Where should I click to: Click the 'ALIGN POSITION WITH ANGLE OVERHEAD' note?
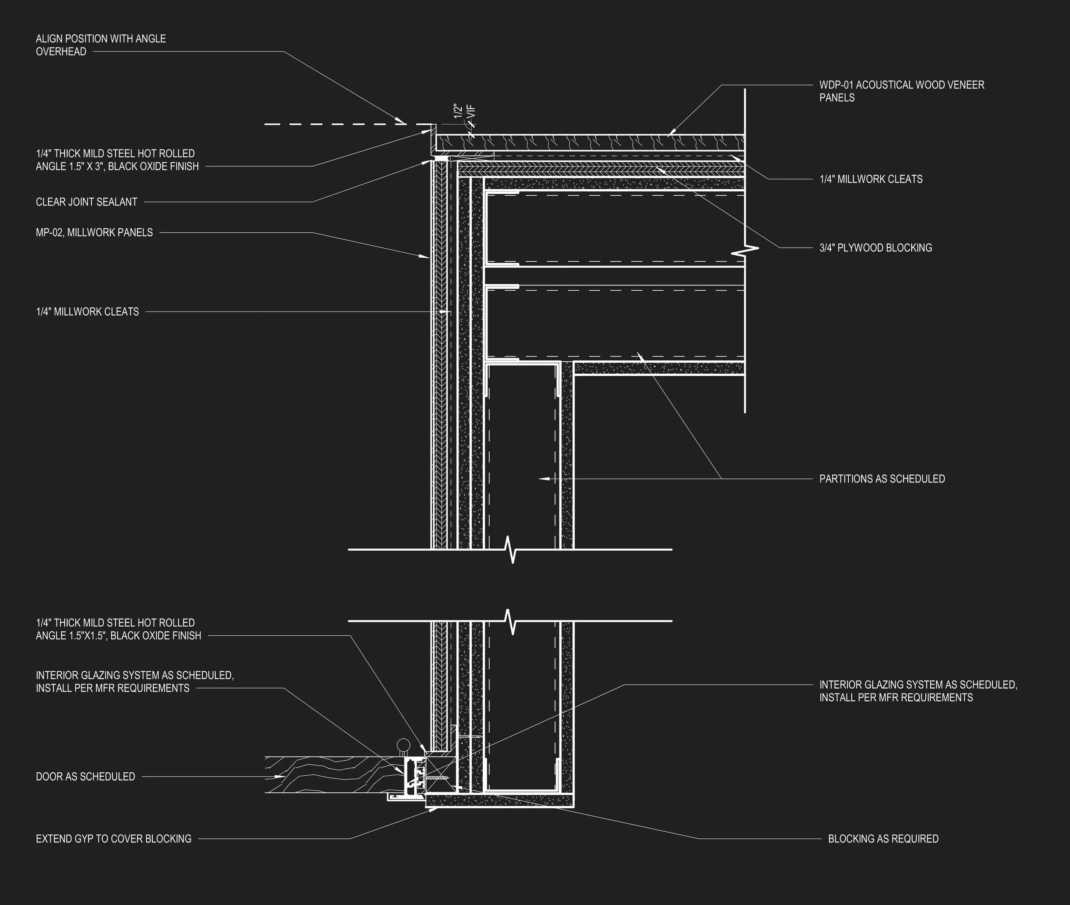click(101, 45)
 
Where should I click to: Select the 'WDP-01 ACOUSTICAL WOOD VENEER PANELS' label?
click(901, 91)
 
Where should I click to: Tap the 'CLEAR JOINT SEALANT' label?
click(87, 202)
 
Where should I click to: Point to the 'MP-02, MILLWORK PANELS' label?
click(95, 232)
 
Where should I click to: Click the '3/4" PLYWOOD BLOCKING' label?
click(876, 248)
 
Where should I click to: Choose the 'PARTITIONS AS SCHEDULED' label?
click(882, 479)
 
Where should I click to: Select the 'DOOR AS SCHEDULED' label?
click(85, 777)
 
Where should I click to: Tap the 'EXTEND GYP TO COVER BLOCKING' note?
click(113, 839)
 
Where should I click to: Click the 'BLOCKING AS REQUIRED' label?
click(883, 839)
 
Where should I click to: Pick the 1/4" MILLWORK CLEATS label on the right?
click(871, 179)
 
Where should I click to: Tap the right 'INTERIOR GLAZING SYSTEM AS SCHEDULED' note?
click(918, 691)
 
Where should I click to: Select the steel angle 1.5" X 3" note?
click(117, 160)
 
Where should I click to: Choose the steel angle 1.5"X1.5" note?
click(119, 629)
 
